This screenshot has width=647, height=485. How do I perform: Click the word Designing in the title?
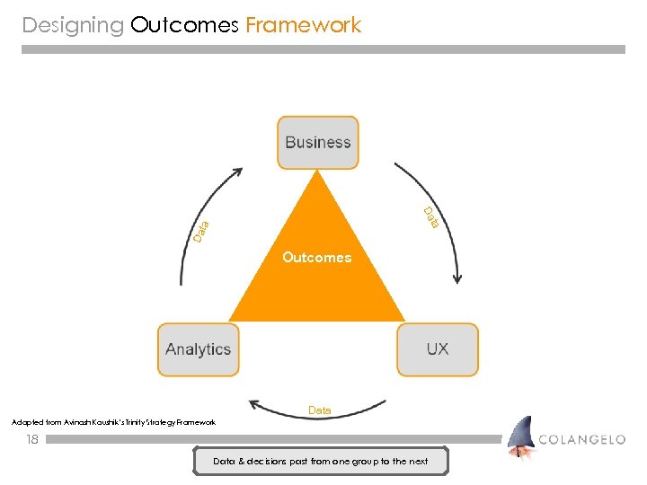[x=73, y=25]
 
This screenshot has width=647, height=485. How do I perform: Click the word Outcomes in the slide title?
[x=184, y=25]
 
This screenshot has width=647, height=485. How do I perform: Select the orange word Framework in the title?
[x=303, y=25]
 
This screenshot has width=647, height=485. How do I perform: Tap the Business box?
[x=317, y=142]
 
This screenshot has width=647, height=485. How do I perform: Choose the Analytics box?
[x=198, y=349]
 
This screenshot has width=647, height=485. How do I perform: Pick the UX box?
[x=438, y=349]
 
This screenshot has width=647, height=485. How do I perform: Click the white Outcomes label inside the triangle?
[x=316, y=258]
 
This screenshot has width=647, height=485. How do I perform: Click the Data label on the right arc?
[x=431, y=216]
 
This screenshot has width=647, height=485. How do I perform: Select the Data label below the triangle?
[x=319, y=410]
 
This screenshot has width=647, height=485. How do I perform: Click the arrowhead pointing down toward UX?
[x=457, y=278]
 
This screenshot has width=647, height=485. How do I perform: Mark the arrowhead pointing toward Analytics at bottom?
[x=255, y=405]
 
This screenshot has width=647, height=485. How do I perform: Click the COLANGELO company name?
[x=582, y=440]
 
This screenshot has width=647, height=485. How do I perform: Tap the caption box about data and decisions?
[x=321, y=462]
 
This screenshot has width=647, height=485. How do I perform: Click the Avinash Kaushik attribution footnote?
[x=113, y=422]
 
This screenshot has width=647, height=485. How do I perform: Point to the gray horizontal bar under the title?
[x=323, y=49]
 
